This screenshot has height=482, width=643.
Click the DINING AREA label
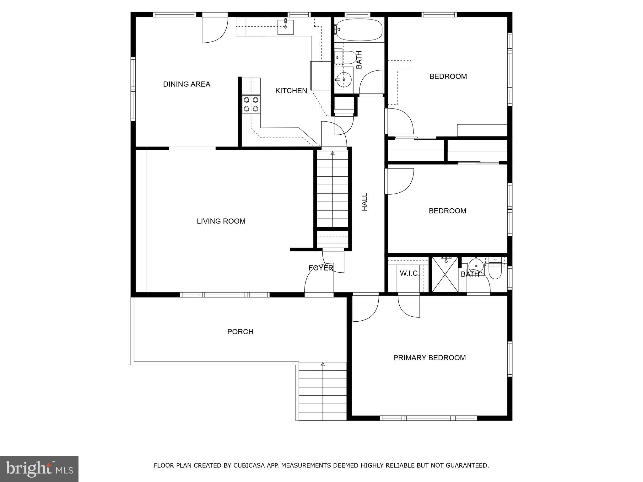pyautogui.click(x=186, y=84)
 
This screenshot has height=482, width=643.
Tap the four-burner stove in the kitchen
pyautogui.click(x=251, y=104)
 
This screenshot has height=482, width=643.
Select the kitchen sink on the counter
pyautogui.click(x=285, y=27)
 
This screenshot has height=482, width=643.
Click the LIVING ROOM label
pyautogui.click(x=221, y=221)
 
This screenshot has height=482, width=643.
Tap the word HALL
pyautogui.click(x=365, y=202)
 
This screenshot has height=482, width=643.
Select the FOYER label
pyautogui.click(x=321, y=268)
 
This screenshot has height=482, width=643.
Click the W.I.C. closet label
pyautogui.click(x=409, y=273)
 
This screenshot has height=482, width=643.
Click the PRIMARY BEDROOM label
pyautogui.click(x=429, y=358)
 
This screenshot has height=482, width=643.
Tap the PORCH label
pyautogui.click(x=240, y=332)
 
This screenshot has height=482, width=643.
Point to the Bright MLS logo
pyautogui.click(x=39, y=469)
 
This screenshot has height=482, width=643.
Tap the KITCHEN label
pyautogui.click(x=291, y=91)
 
